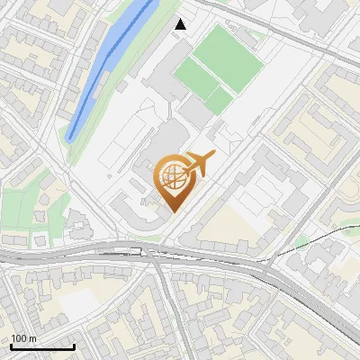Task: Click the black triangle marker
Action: pos(180,24)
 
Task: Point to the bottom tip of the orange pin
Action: pos(172,211)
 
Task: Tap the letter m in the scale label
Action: pos(33,338)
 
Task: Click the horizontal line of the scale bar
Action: pos(42,346)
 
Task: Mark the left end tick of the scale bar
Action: pos(11,345)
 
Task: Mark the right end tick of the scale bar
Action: pos(74,345)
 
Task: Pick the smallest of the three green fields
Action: pos(219,101)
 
